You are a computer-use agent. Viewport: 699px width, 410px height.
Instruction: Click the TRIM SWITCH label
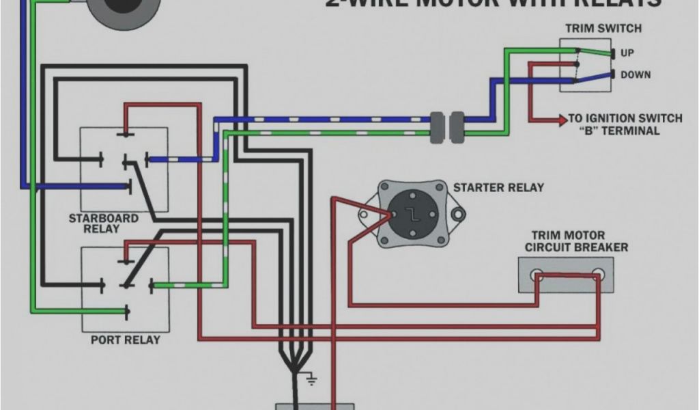pos(603,28)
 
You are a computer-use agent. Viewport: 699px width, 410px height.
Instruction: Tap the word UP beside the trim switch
pos(627,53)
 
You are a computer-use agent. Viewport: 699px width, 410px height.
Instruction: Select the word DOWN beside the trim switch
pos(635,74)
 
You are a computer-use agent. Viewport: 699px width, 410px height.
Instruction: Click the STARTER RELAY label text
pos(498,187)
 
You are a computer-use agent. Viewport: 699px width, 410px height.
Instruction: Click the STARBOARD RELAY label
pos(103,223)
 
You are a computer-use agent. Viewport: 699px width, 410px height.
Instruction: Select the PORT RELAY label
pos(126,340)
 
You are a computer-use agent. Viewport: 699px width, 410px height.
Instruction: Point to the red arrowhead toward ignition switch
pos(563,119)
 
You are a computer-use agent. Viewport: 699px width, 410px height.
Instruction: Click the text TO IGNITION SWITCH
pos(625,118)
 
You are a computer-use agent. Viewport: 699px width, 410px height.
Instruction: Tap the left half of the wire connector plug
pos(437,127)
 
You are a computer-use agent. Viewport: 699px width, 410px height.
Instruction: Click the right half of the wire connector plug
pos(457,127)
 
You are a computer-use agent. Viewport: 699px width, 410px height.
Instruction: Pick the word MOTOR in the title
pos(464,3)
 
